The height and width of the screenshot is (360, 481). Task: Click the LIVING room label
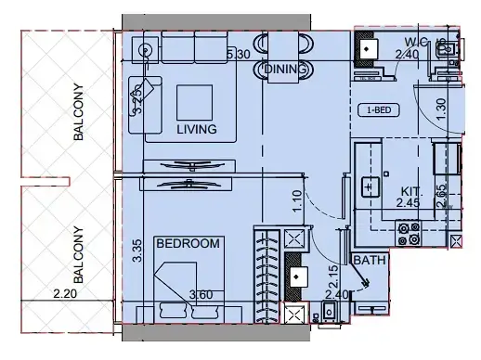coord(196,130)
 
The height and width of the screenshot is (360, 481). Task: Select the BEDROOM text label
coord(188,244)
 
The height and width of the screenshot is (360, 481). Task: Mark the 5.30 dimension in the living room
coord(239,56)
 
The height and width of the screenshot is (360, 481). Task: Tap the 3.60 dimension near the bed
coord(202,296)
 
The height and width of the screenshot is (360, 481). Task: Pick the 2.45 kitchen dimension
coord(408,202)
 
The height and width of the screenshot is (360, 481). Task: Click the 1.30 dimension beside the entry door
coord(442,107)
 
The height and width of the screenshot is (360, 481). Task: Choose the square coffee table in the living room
coord(196,100)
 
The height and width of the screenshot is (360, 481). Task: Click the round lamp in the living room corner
coord(144,50)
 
